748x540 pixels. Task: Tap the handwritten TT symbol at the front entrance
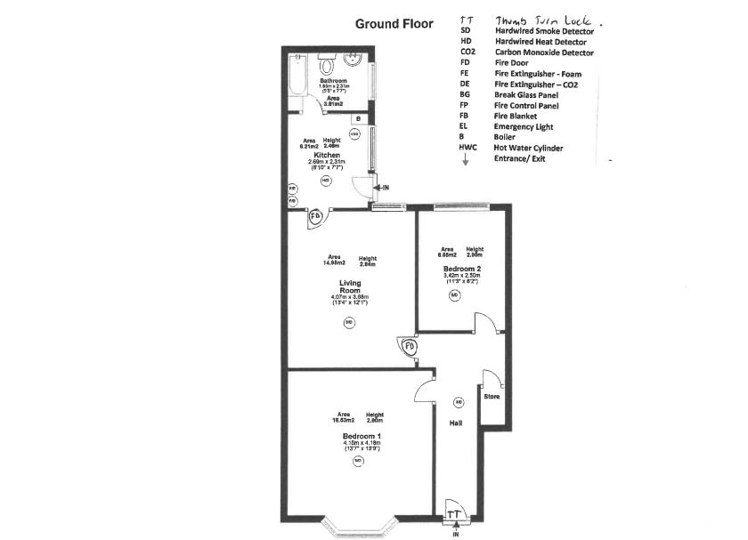pos(454,513)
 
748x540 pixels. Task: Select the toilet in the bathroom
pos(327,65)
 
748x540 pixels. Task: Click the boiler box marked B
pos(357,118)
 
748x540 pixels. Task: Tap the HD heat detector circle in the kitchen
pos(325,179)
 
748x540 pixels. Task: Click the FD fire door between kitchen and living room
pos(316,216)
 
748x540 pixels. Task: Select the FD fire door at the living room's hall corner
pos(410,345)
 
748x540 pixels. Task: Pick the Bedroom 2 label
pos(462,268)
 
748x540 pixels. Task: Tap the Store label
pos(492,396)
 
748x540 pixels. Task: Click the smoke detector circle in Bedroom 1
pos(357,462)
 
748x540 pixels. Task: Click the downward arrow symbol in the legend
pos(465,161)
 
